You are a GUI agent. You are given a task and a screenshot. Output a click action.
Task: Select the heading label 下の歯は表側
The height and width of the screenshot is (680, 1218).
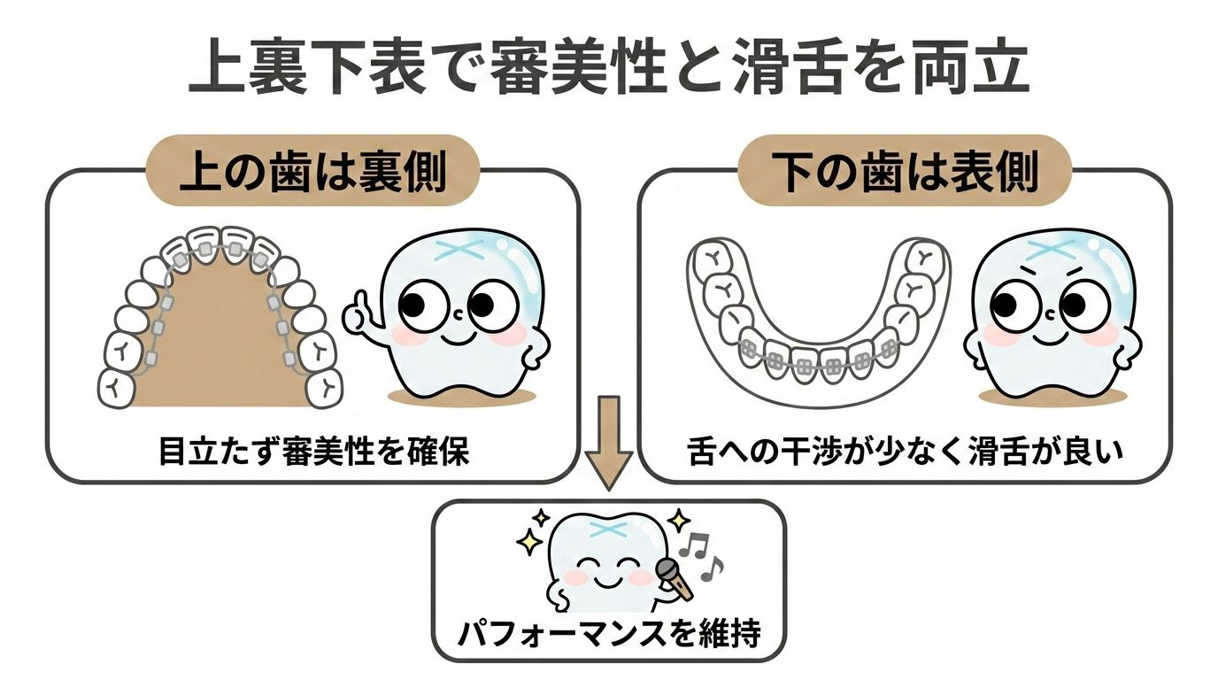pyautogui.click(x=904, y=174)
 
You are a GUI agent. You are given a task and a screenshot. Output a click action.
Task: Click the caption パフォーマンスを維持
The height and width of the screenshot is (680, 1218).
pyautogui.click(x=609, y=634)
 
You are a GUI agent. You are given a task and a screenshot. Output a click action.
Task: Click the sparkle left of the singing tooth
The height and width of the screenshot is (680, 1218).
pyautogui.click(x=531, y=537)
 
